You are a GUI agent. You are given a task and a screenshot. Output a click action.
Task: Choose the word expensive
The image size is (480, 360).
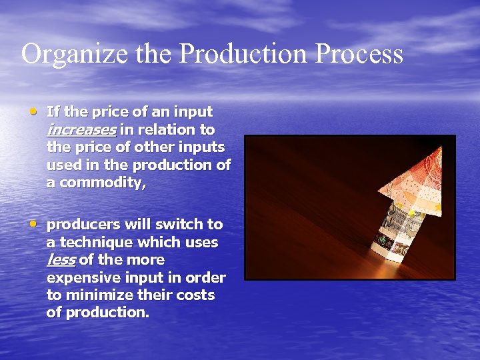click(81, 277)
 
